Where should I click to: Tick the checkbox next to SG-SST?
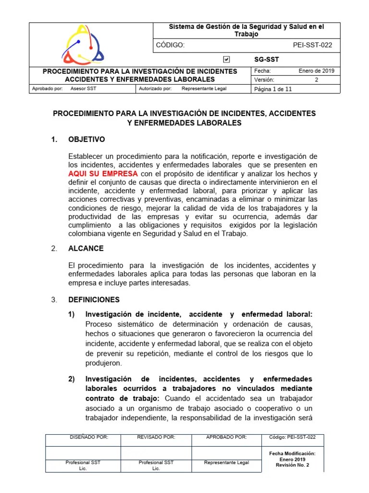pyautogui.click(x=227, y=59)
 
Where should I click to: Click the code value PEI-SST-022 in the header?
pyautogui.click(x=312, y=45)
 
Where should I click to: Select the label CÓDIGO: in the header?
pyautogui.click(x=171, y=45)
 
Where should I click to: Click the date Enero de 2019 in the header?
pyautogui.click(x=316, y=71)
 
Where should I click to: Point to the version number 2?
pyautogui.click(x=316, y=80)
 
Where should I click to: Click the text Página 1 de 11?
pyautogui.click(x=273, y=89)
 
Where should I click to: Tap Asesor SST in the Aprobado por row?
pyautogui.click(x=83, y=89)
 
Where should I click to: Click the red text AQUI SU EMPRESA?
pyautogui.click(x=103, y=173)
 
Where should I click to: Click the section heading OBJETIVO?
pyautogui.click(x=86, y=140)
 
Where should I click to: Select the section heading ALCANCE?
pyautogui.click(x=86, y=248)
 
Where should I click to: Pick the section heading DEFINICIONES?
pyautogui.click(x=94, y=299)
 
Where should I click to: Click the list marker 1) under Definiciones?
pyautogui.click(x=72, y=314)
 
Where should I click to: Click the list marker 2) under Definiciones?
pyautogui.click(x=72, y=379)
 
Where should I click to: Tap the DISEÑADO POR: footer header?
pyautogui.click(x=88, y=437)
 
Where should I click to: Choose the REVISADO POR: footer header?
pyautogui.click(x=156, y=437)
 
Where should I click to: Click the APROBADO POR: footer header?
pyautogui.click(x=226, y=437)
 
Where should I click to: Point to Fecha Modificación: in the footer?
pyautogui.click(x=293, y=453)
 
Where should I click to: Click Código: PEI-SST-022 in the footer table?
pyautogui.click(x=293, y=437)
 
